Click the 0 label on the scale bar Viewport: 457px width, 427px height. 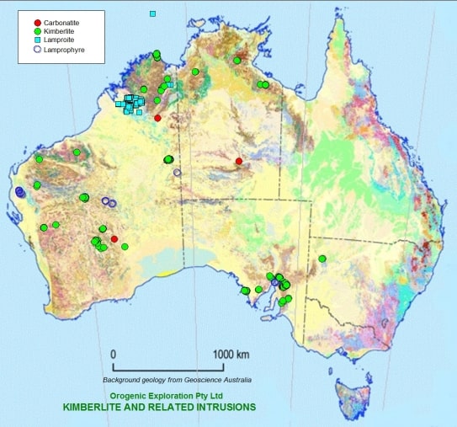coord(114,354)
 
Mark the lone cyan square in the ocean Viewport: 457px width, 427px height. coord(152,13)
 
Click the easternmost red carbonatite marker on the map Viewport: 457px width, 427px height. coord(239,161)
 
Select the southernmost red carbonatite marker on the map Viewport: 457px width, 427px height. coord(114,239)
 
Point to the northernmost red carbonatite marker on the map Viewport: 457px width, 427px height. coord(157,118)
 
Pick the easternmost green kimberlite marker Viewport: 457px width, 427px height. coord(322,259)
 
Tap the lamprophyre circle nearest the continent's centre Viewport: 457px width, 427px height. coord(177,173)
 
